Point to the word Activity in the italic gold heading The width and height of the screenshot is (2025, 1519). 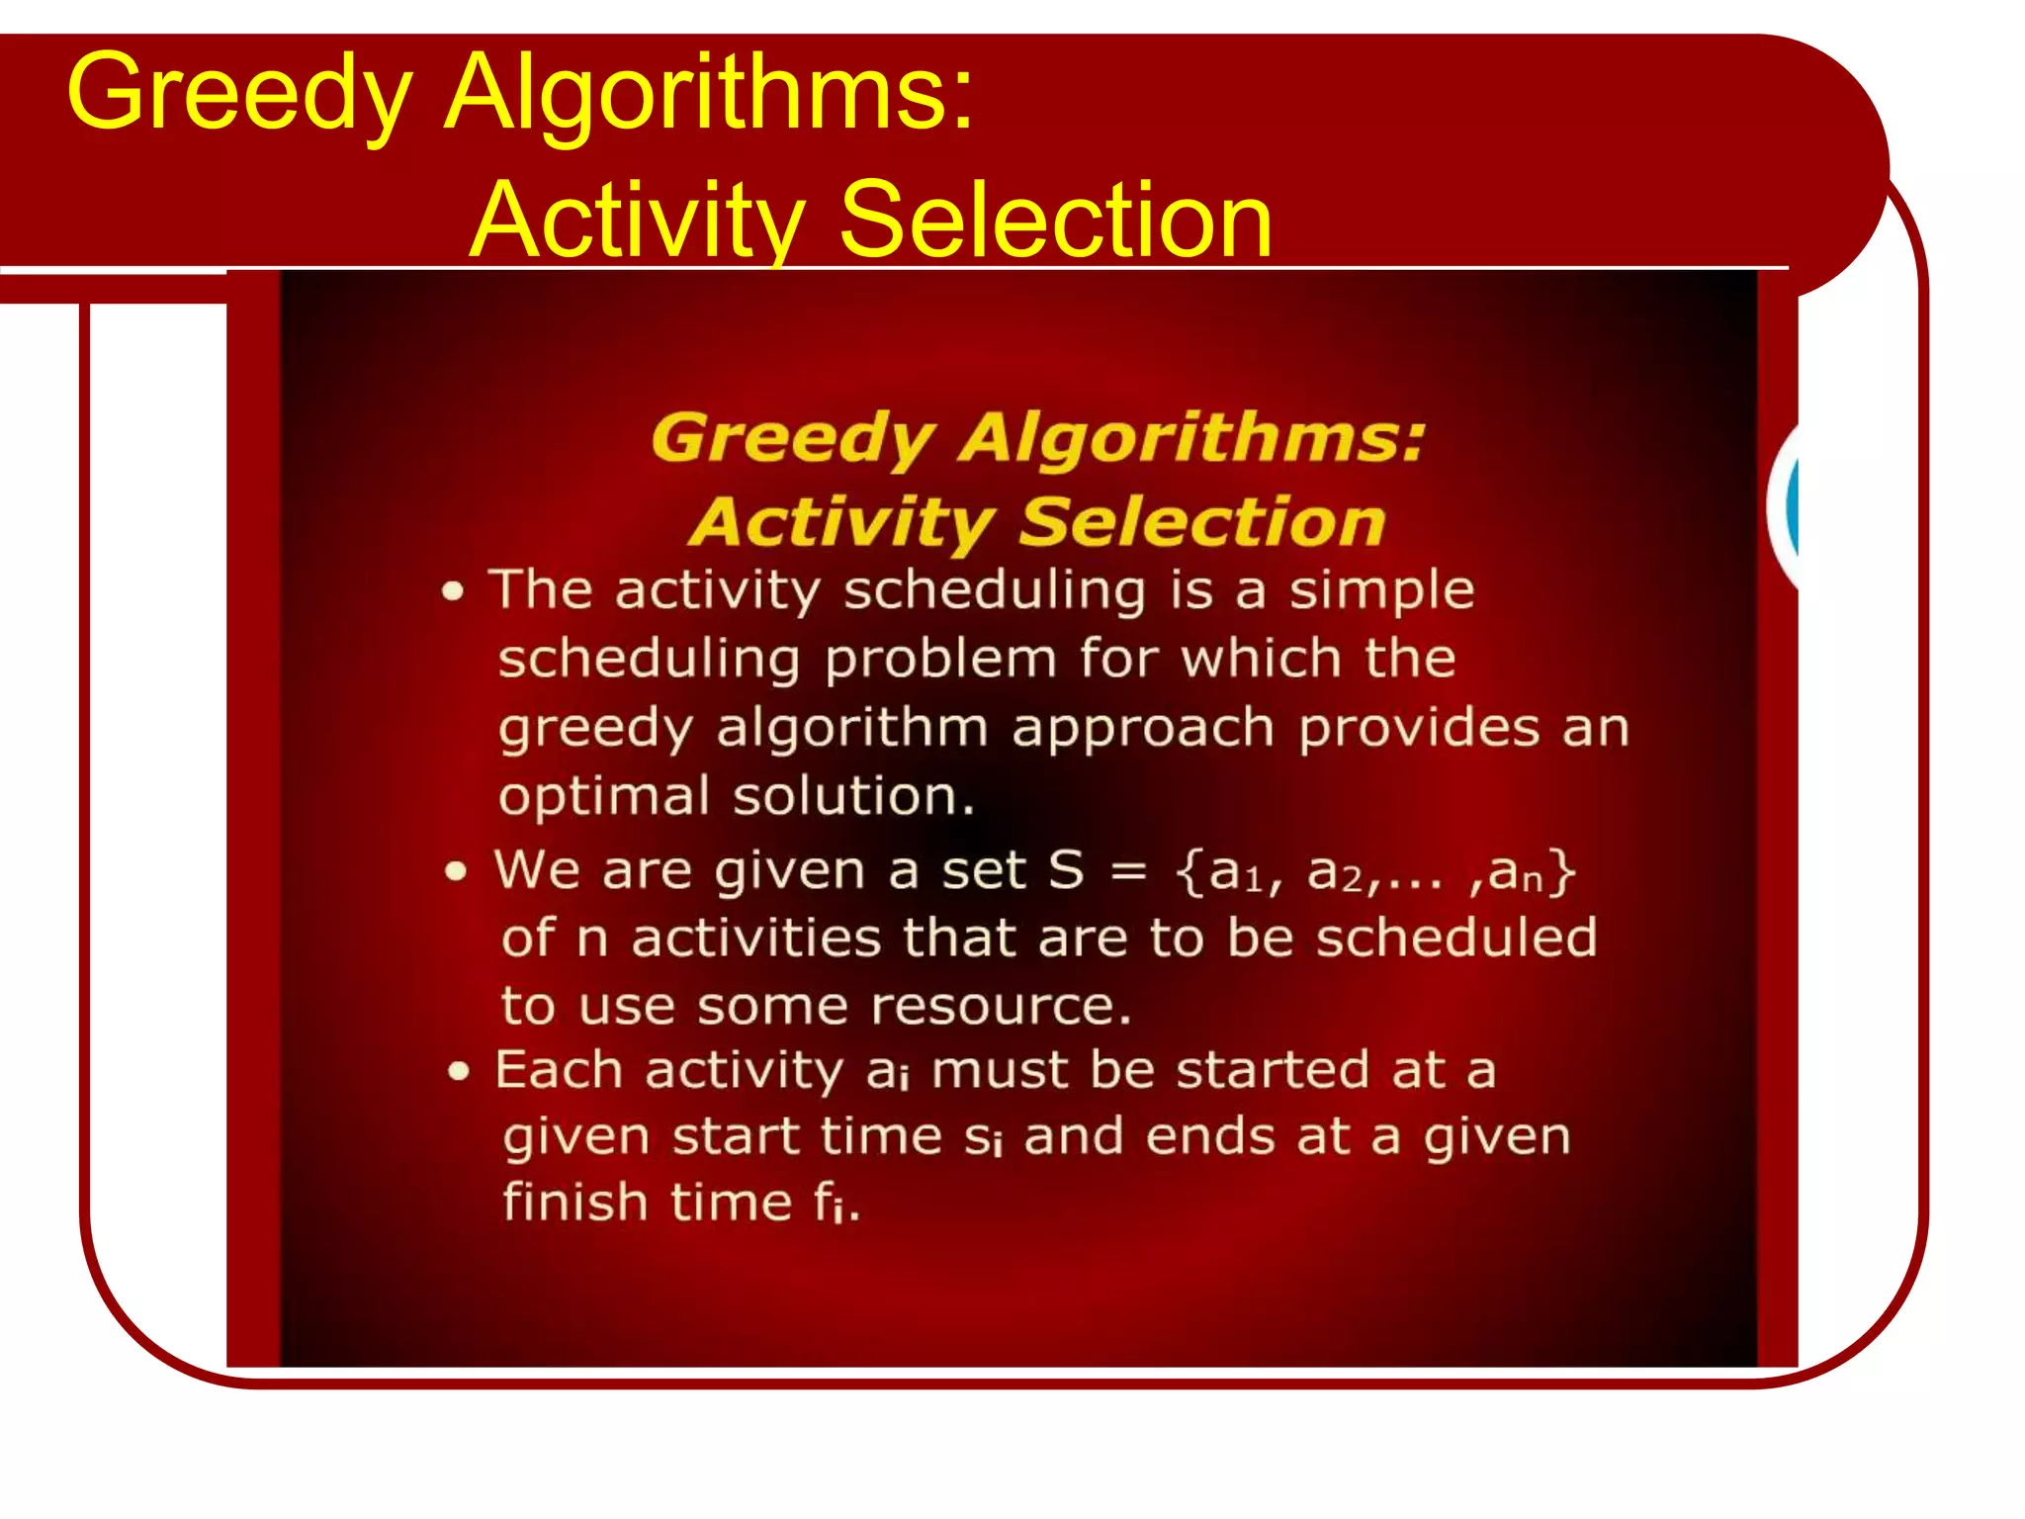click(841, 522)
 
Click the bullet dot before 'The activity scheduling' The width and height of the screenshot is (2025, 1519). click(453, 592)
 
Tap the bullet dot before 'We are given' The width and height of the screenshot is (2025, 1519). click(455, 871)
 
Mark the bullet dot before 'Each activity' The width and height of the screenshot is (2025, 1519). click(458, 1071)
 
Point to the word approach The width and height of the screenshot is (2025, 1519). click(1142, 730)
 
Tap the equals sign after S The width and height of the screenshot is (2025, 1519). click(1128, 871)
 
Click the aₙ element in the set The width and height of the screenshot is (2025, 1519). click(1515, 872)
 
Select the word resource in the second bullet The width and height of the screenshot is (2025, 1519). click(999, 1007)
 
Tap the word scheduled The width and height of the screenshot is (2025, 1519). click(1455, 938)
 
